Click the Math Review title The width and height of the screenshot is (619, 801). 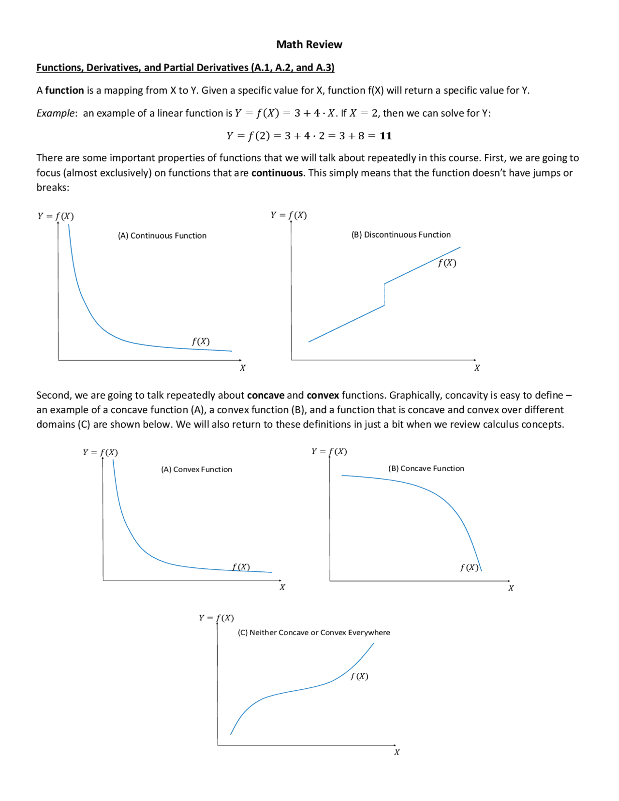point(309,44)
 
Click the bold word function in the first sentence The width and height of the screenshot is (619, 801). point(64,90)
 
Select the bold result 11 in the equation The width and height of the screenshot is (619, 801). point(385,136)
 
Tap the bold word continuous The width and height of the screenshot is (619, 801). point(277,173)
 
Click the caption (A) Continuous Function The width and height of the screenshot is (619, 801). point(162,236)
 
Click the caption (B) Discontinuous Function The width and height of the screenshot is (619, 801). point(401,235)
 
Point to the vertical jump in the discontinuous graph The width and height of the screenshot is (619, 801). point(384,294)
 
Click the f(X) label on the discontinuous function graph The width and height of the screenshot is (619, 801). point(447,263)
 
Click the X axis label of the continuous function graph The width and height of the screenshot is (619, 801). point(242,368)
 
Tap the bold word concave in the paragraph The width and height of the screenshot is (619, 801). point(265,395)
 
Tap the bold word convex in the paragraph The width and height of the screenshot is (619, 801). point(323,395)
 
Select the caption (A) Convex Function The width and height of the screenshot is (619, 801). point(196,469)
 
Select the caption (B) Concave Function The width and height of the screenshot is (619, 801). point(426,468)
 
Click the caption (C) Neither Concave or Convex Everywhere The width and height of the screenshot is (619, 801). point(314,632)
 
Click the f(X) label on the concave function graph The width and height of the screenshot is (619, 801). point(469,567)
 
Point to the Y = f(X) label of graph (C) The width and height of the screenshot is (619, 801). point(216,618)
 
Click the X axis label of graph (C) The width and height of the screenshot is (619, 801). point(397,752)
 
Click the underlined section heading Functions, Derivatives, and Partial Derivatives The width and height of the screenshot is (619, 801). point(185,68)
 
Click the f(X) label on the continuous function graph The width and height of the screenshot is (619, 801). point(201,341)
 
